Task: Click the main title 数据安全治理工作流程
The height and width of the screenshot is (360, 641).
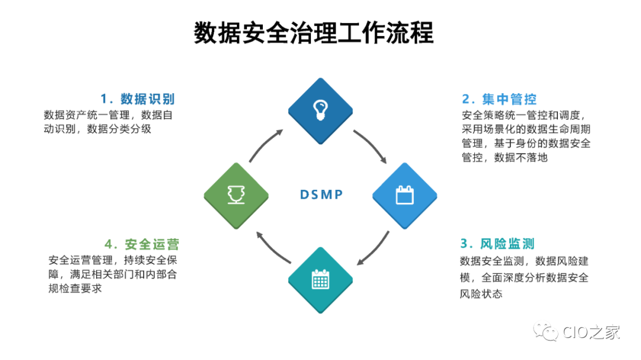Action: tap(313, 34)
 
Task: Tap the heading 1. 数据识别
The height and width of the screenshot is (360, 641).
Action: tap(137, 98)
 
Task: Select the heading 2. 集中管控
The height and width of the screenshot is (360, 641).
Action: tap(499, 99)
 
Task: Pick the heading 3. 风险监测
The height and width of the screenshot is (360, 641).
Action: tap(497, 243)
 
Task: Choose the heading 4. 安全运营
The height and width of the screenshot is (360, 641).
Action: tap(142, 244)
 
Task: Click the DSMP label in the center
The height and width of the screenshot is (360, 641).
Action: tap(321, 195)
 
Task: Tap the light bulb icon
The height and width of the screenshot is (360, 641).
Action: tap(320, 109)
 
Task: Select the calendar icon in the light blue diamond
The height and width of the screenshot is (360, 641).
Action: tap(405, 195)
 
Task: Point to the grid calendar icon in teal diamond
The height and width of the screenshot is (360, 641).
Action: tap(320, 279)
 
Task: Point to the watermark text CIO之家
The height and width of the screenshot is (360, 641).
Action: tap(591, 332)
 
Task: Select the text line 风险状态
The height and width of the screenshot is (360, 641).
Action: tap(481, 294)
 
